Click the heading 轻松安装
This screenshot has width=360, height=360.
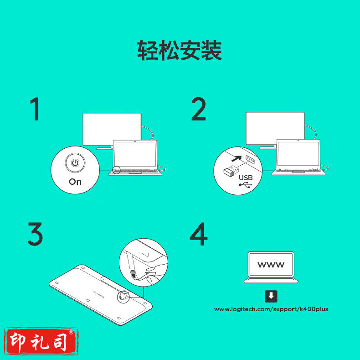pos(180,50)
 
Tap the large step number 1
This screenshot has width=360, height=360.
pos(35,109)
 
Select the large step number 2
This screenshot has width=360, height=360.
pos(199,109)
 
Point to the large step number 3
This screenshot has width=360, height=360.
pos(35,234)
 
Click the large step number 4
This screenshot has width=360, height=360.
pos(199,234)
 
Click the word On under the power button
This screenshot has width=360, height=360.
pos(75,182)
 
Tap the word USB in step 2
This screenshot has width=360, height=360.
pos(246,177)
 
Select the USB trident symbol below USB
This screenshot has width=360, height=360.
pos(246,185)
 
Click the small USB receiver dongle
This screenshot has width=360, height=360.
pos(231,171)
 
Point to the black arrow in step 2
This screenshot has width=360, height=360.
pos(237,158)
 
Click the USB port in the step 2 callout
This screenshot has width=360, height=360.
pos(251,160)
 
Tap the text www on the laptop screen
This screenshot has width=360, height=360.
pos(271,265)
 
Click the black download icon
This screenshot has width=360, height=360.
pos(271,296)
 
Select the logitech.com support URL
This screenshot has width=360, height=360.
pos(271,309)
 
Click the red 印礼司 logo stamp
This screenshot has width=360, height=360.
pos(41,341)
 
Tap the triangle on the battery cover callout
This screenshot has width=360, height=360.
pos(146,254)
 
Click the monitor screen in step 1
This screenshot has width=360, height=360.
pos(112,129)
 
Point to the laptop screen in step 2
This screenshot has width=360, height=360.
pos(298,154)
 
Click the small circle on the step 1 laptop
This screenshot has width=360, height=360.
pos(117,170)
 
